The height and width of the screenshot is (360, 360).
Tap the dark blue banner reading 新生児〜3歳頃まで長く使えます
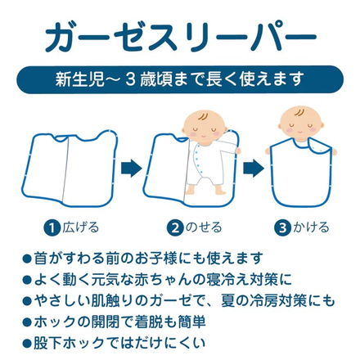click(x=180, y=82)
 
